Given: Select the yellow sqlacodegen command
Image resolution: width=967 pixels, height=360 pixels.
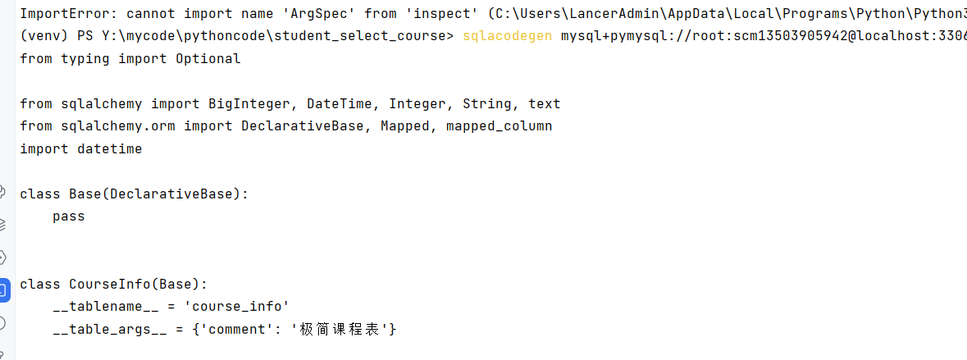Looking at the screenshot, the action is (x=507, y=36).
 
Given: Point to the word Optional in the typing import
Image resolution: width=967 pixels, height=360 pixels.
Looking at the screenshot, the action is (x=208, y=58).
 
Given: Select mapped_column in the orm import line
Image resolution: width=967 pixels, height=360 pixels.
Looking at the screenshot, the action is (x=499, y=125).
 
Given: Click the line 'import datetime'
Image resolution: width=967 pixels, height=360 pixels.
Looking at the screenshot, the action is (x=81, y=148).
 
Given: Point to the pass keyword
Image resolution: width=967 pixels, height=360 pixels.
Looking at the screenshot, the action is (x=69, y=216).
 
